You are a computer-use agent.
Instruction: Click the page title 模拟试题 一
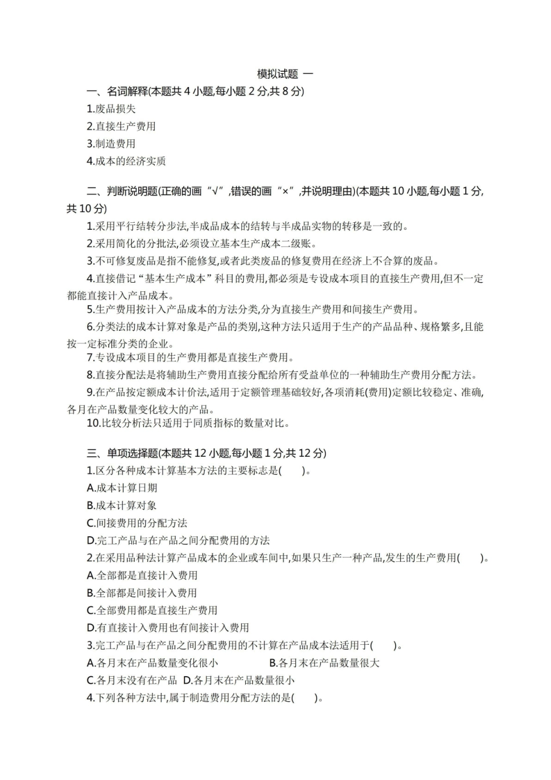[x=285, y=74]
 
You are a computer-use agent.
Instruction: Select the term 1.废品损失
[x=111, y=109]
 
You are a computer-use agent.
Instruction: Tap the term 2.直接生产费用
[x=121, y=126]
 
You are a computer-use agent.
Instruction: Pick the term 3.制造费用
[x=111, y=143]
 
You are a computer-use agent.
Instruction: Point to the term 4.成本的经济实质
[x=126, y=161]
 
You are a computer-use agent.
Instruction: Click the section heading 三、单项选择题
[x=206, y=453]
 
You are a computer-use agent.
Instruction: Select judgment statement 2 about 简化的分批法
[x=202, y=244]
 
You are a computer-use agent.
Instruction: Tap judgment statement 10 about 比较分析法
[x=188, y=423]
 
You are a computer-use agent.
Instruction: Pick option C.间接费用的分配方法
[x=137, y=523]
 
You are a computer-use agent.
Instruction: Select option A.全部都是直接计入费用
[x=142, y=575]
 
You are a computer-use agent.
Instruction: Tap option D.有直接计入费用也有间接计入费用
[x=168, y=627]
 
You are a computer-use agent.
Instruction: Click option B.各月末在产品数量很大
[x=324, y=663]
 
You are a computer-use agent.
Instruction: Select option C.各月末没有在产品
[x=132, y=680]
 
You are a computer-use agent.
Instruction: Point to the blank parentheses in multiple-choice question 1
[x=292, y=471]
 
